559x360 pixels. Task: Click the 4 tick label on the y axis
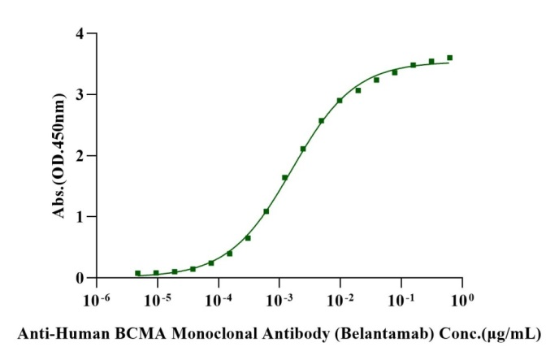(x=80, y=34)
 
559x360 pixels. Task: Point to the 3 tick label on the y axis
(x=80, y=95)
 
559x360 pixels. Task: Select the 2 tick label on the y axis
(x=80, y=156)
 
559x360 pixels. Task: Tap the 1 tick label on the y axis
(x=80, y=217)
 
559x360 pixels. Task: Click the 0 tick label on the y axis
(x=80, y=278)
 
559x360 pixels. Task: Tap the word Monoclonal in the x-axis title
(x=228, y=333)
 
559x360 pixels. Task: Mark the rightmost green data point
(x=449, y=58)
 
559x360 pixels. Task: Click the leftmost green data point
(x=137, y=273)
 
